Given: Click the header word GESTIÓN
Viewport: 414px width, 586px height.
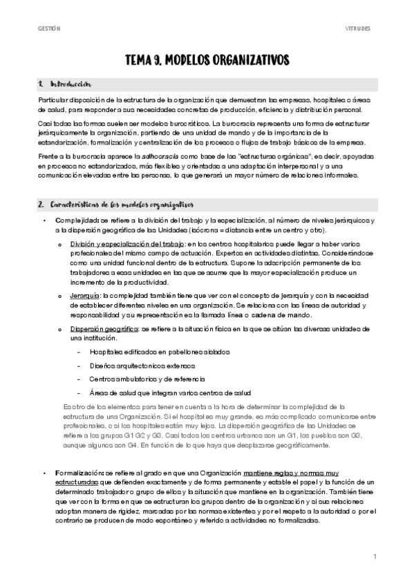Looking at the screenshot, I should pos(49,29).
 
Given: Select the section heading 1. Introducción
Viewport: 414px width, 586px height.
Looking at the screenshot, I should pos(66,84).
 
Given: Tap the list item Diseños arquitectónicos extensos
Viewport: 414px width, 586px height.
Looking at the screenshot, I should pos(142,365).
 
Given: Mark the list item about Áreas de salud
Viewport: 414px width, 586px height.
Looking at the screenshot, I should pos(165,392).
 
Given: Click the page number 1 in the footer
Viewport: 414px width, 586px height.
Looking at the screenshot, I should pos(374,556).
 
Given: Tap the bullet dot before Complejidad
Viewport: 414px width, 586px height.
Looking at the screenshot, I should pos(45,220).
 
